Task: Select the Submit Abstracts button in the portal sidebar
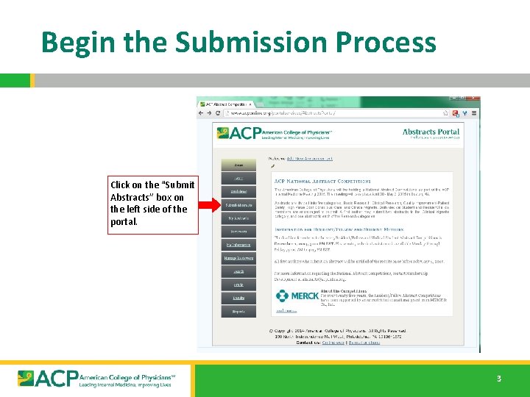pos(239,206)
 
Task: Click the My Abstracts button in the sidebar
pos(239,218)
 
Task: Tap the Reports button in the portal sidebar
pos(239,311)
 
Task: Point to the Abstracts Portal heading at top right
pos(431,133)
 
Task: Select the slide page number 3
pos(498,379)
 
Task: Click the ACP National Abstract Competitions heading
pos(322,181)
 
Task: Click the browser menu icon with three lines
pos(475,114)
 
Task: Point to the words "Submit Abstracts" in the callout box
pos(152,191)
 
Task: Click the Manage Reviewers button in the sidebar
pos(239,258)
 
